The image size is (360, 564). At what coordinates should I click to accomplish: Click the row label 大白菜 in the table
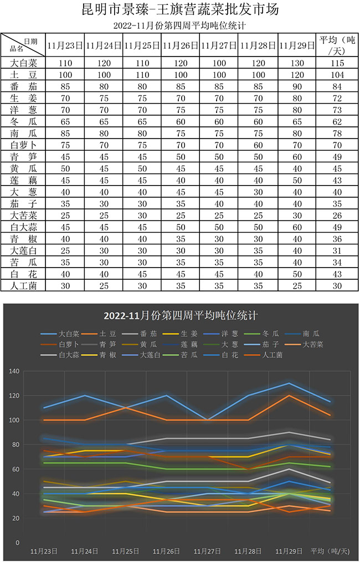click(x=23, y=63)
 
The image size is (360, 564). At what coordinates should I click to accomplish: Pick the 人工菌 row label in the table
click(x=23, y=285)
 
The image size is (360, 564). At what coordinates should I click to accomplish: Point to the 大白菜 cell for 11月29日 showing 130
click(x=297, y=63)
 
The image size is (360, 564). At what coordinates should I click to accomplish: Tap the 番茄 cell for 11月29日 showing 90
click(x=297, y=86)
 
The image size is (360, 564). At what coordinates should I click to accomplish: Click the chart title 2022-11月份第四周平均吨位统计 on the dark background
click(x=181, y=316)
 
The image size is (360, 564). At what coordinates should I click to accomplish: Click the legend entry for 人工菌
click(x=271, y=355)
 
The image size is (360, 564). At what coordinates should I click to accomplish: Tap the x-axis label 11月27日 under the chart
click(x=208, y=551)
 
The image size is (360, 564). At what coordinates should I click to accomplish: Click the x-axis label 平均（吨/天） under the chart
click(x=330, y=551)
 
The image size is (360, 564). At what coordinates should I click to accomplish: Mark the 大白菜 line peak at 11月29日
click(x=289, y=383)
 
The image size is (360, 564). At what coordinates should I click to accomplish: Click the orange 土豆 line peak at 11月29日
click(x=289, y=396)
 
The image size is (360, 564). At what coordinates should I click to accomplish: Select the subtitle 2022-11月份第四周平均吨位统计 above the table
click(x=179, y=25)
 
